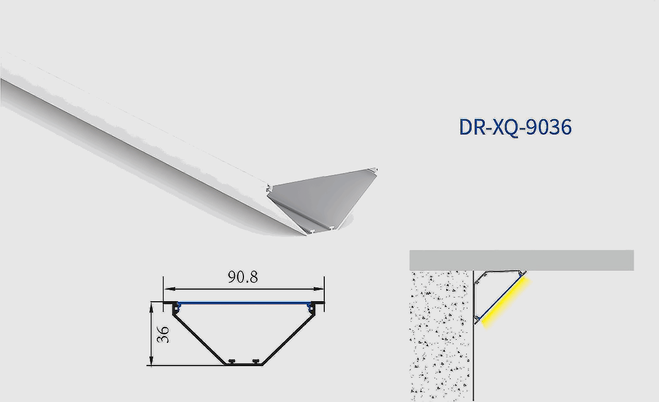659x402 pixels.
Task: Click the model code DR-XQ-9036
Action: (x=515, y=127)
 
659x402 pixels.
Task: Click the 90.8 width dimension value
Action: (x=243, y=277)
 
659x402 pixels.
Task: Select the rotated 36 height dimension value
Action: (x=164, y=334)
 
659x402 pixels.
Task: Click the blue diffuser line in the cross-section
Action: (x=243, y=303)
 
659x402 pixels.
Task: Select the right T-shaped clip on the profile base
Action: (x=256, y=361)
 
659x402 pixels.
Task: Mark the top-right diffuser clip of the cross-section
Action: (x=313, y=306)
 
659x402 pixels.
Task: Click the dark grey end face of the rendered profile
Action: (x=322, y=198)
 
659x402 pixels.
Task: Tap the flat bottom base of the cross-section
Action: (x=243, y=364)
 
